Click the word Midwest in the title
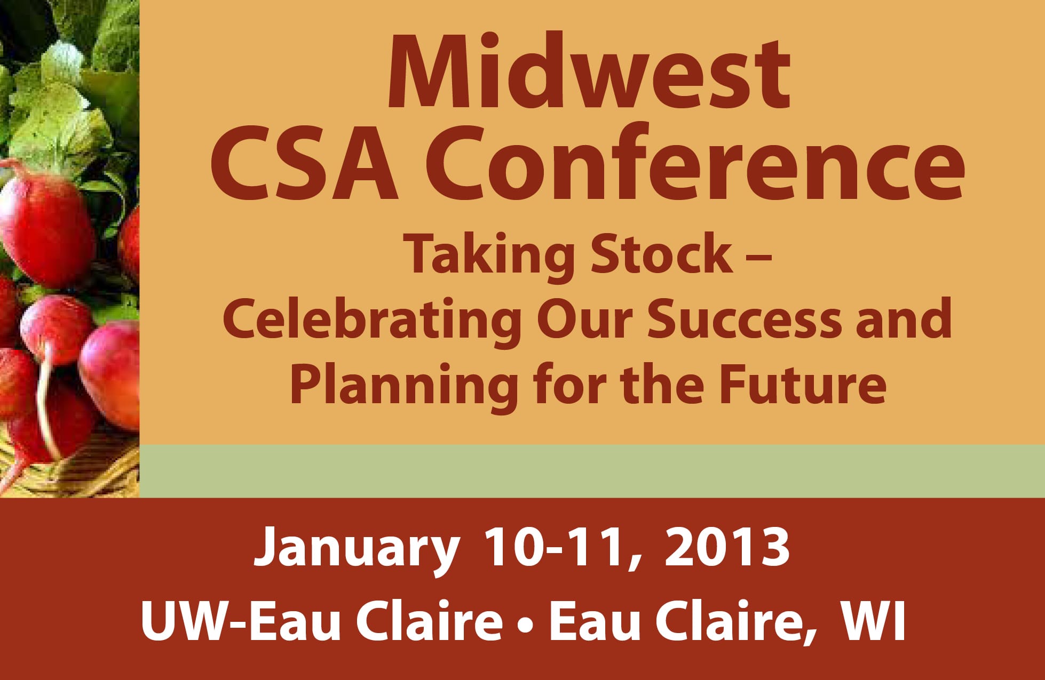point(589,73)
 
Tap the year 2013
point(727,548)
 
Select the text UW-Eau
point(241,621)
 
